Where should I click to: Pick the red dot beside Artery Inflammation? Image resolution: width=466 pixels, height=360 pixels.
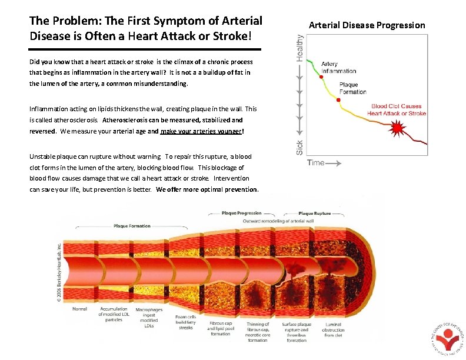(321, 77)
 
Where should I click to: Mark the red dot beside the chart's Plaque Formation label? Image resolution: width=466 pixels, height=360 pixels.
(338, 100)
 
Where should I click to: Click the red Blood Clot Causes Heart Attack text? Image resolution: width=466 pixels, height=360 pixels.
(398, 110)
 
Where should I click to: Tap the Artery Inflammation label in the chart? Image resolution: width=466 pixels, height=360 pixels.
(338, 68)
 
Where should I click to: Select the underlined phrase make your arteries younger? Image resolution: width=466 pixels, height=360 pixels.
(200, 131)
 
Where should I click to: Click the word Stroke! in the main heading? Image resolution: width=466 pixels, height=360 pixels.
(234, 35)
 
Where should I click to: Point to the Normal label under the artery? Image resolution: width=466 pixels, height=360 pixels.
(80, 309)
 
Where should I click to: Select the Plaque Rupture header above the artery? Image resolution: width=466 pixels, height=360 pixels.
(314, 214)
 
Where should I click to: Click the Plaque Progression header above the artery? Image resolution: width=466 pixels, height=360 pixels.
(241, 214)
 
